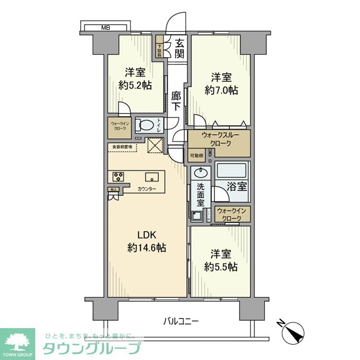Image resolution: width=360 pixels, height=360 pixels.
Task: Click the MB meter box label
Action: (x=105, y=27)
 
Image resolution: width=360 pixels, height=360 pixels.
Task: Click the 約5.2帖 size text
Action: (x=135, y=85)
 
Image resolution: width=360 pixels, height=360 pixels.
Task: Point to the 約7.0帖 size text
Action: (x=221, y=91)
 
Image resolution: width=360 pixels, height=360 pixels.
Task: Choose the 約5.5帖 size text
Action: (x=221, y=267)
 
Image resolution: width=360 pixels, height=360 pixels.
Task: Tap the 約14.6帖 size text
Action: (x=147, y=248)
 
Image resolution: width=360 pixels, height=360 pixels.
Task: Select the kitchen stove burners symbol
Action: (x=118, y=176)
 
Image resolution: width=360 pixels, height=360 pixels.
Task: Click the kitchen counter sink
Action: (x=152, y=177)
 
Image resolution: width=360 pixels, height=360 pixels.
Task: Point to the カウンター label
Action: (x=148, y=189)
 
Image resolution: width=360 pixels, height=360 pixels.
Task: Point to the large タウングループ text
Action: (x=91, y=348)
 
